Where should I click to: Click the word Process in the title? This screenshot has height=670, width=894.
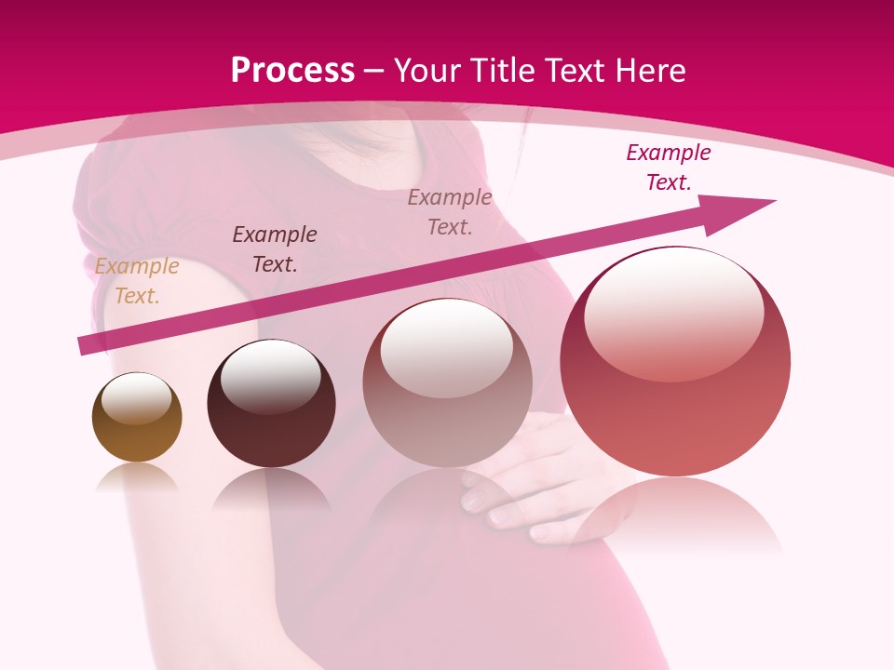click(292, 71)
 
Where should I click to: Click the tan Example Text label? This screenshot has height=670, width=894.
click(137, 281)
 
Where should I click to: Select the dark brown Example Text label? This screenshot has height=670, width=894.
click(275, 249)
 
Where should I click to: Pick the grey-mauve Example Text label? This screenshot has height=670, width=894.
click(450, 212)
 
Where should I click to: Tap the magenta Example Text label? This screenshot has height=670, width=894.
click(669, 167)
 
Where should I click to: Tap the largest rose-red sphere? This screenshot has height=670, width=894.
click(675, 409)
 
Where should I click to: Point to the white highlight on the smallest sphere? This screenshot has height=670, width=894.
click(137, 398)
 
